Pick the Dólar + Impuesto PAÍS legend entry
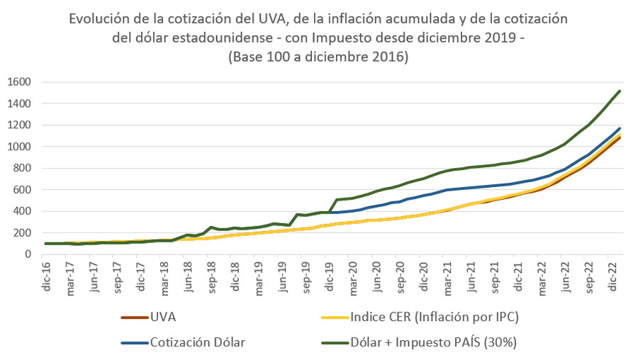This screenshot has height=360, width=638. [x=433, y=342]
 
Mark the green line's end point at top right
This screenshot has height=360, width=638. [x=620, y=91]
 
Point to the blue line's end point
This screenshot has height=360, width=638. [x=620, y=128]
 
